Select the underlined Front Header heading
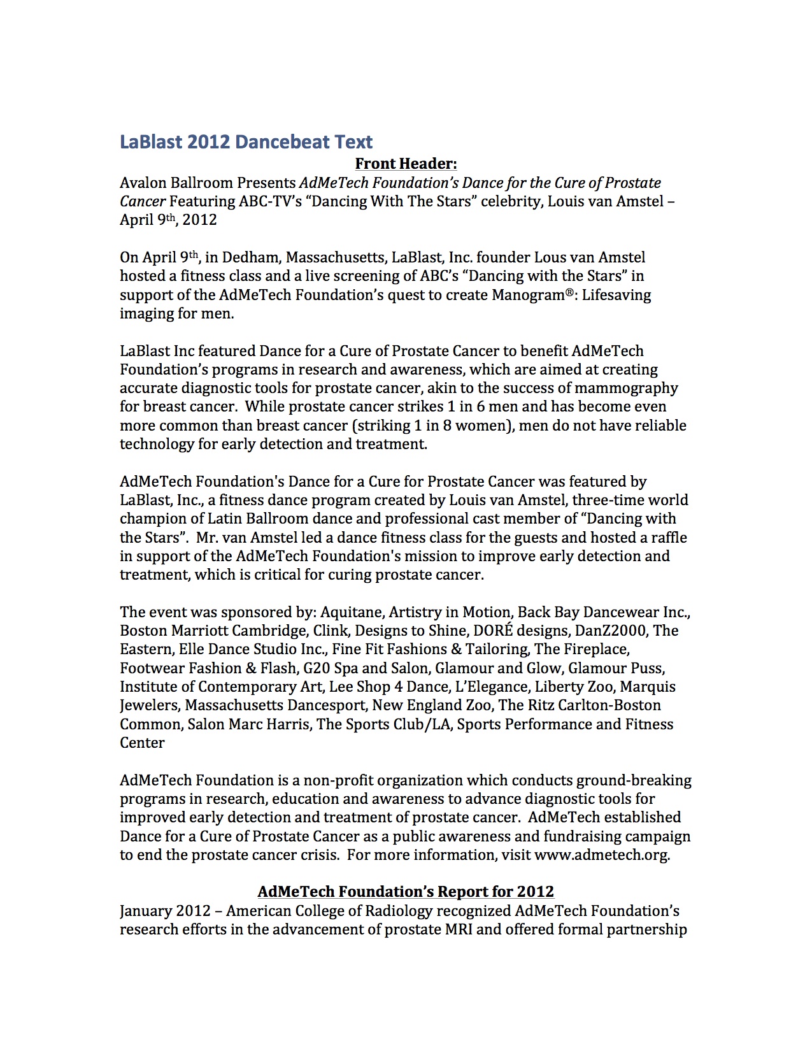click(x=406, y=164)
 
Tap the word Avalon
click(x=143, y=183)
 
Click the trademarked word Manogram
click(x=532, y=295)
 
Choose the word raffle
click(x=669, y=538)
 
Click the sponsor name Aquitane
click(x=352, y=612)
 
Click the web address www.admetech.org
click(x=601, y=855)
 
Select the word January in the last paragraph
click(x=145, y=911)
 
